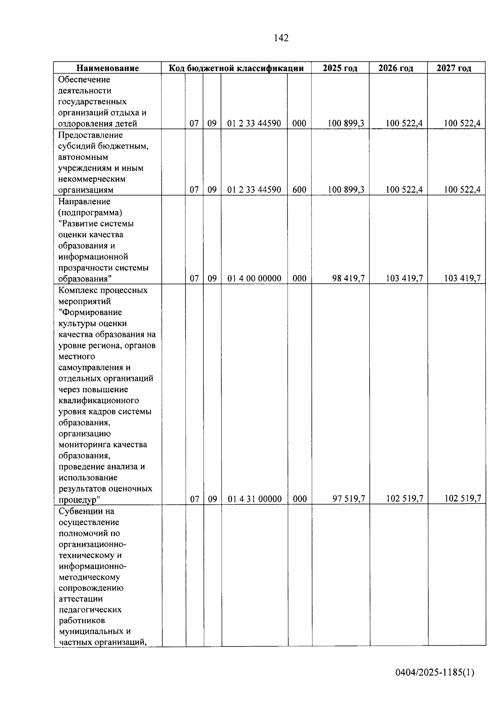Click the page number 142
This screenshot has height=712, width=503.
point(281,38)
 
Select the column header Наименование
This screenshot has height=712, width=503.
point(107,68)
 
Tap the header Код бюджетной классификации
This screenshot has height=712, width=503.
point(236,68)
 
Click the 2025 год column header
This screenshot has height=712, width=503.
point(340,68)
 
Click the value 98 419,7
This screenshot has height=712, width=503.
point(348,278)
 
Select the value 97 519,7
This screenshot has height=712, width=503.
point(349,499)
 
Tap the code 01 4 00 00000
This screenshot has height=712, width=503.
point(254,278)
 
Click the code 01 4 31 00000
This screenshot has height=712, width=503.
point(254,499)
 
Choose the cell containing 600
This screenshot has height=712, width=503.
point(299,190)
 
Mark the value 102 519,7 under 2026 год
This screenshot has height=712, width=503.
point(404,498)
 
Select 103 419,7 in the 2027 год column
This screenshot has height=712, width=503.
point(462,278)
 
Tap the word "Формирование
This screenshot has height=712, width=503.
point(91,313)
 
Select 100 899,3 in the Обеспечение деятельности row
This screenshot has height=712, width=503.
point(346,123)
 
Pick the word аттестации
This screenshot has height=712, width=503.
point(80,599)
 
